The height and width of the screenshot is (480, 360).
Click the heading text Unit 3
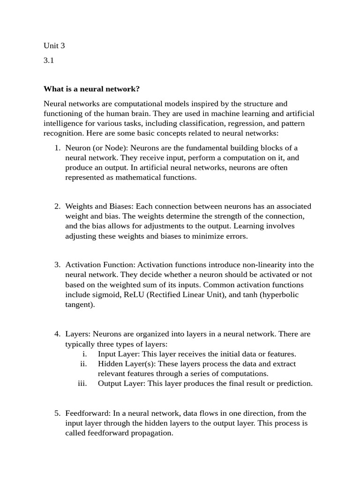click(54, 45)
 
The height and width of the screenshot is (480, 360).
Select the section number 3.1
click(49, 61)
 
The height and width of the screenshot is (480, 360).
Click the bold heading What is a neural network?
click(91, 89)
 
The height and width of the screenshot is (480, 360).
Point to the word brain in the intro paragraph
click(179, 113)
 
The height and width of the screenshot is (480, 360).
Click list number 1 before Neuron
click(57, 148)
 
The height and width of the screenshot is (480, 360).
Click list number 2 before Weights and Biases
click(57, 206)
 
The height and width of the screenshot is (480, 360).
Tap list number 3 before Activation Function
click(57, 265)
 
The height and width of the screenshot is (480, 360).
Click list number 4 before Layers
click(57, 334)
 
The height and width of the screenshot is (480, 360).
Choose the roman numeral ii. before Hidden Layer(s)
click(83, 364)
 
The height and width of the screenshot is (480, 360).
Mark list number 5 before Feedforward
click(57, 413)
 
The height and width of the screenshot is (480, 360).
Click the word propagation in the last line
click(150, 433)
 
